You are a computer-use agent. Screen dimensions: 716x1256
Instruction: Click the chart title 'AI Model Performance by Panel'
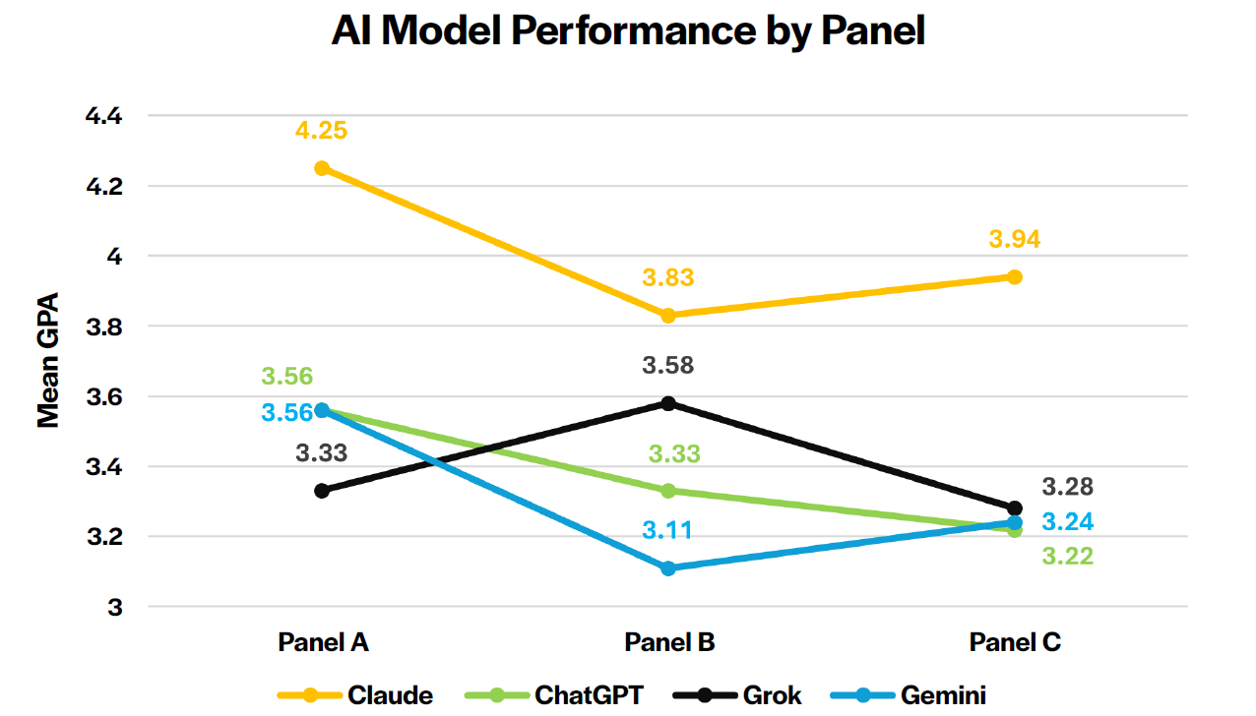click(x=628, y=31)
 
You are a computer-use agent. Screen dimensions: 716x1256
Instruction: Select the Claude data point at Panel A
click(x=322, y=168)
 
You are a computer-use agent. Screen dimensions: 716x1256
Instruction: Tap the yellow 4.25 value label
click(x=322, y=131)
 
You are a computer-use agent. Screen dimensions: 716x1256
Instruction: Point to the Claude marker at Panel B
click(x=668, y=316)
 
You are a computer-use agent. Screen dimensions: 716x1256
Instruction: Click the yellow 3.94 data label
click(x=1015, y=239)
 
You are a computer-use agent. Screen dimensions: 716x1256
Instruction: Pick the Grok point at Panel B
click(x=668, y=403)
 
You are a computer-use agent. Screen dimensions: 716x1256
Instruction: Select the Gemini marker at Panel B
click(x=668, y=568)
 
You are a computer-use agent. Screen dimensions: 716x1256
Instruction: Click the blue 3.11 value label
click(x=668, y=531)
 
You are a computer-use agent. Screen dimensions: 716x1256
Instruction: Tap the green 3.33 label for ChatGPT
click(x=674, y=454)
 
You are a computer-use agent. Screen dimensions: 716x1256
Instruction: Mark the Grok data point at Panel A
click(x=322, y=491)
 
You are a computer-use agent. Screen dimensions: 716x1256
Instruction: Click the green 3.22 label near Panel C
click(x=1068, y=556)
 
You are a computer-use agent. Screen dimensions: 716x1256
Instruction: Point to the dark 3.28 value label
click(x=1068, y=487)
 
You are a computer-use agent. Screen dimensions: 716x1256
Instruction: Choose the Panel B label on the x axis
click(x=669, y=642)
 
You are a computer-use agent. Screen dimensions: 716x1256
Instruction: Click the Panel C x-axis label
click(x=1015, y=642)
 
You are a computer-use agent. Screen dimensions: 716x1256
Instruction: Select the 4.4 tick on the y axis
click(x=102, y=116)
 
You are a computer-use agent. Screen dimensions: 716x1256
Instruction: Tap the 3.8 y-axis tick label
click(x=102, y=327)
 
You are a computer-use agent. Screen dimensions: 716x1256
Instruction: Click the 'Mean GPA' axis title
click(x=48, y=360)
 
